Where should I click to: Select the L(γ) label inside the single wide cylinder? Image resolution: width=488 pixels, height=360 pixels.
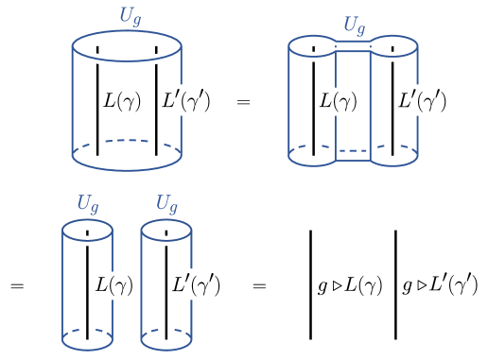tap(122, 99)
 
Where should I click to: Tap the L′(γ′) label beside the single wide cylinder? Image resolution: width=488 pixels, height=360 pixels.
tap(187, 99)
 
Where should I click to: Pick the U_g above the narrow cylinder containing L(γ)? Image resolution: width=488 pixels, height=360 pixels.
tap(88, 203)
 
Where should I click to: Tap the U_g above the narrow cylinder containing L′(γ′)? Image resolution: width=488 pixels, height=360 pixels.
tap(166, 203)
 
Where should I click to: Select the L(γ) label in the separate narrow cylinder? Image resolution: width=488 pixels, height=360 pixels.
tap(113, 283)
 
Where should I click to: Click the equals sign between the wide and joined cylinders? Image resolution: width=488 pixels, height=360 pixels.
tap(243, 99)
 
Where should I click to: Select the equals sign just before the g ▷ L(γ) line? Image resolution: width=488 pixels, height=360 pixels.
tap(260, 284)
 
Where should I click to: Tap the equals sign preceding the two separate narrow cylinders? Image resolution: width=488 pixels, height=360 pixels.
tap(17, 284)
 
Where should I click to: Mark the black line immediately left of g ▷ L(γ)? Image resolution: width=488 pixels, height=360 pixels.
tap(310, 283)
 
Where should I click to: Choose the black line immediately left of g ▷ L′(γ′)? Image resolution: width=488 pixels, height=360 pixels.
tap(395, 283)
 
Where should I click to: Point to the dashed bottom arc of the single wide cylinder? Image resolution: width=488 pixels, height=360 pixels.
tap(127, 142)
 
